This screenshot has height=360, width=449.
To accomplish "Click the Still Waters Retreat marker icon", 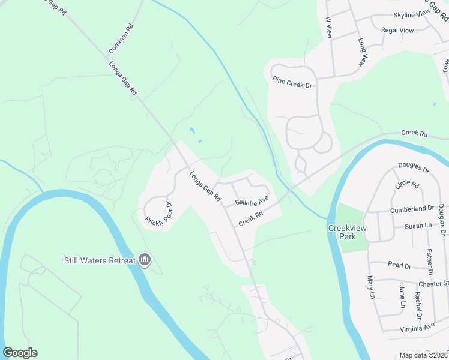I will (x=144, y=260).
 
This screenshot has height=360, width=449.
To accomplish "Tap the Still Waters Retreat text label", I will (x=100, y=260).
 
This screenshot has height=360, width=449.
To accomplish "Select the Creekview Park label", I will (x=342, y=232).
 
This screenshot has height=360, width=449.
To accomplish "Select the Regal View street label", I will (x=397, y=30).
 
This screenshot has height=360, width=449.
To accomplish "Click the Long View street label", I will (x=363, y=52).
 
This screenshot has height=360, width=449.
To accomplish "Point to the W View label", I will (x=329, y=28).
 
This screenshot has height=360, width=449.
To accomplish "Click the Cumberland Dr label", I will (x=412, y=209).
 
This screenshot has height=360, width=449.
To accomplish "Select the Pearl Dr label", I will (x=399, y=265).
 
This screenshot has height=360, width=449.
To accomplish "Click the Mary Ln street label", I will (x=371, y=287).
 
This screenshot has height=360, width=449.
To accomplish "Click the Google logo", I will (x=20, y=353).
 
